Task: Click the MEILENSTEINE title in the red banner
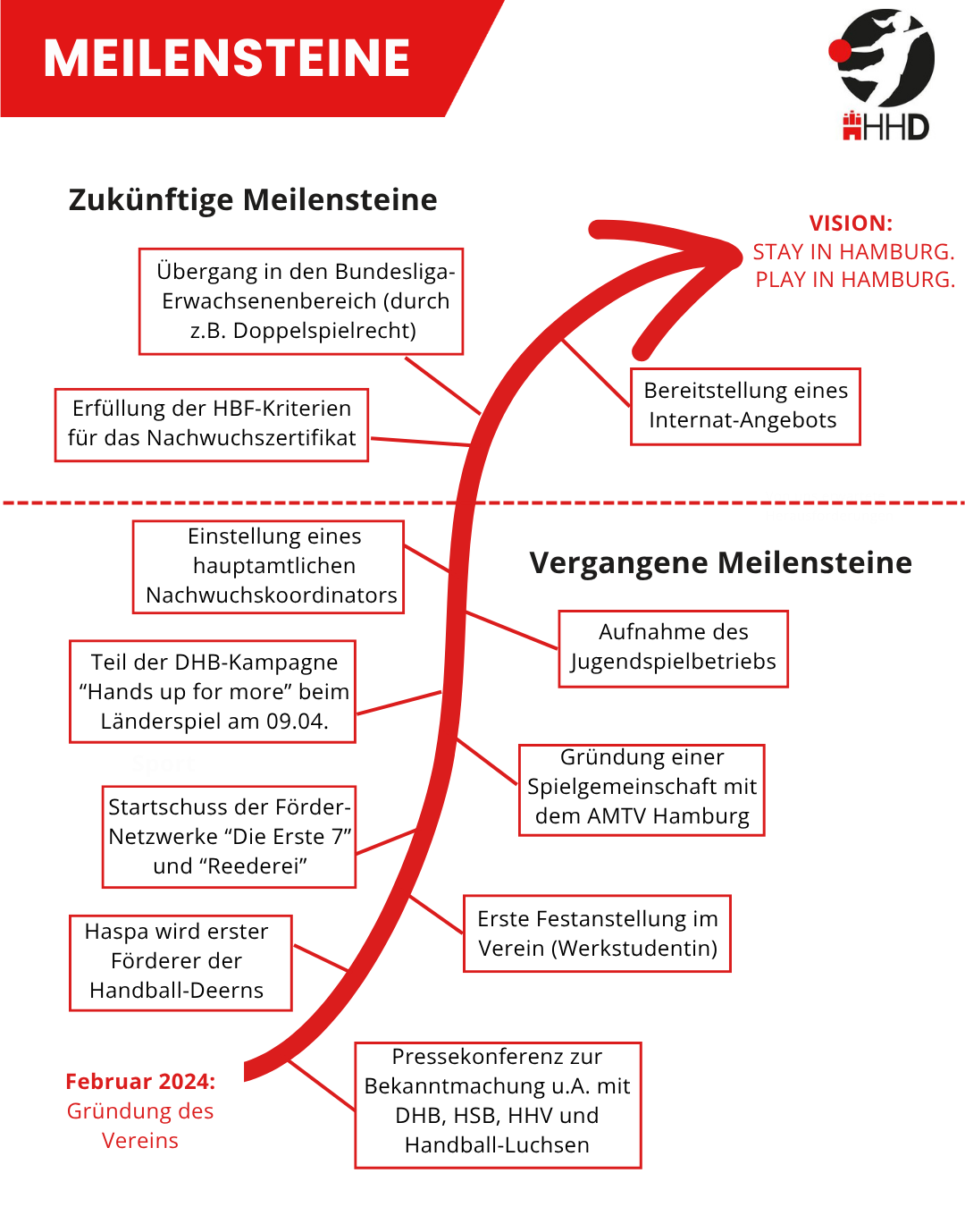(x=227, y=59)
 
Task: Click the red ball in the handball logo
(x=840, y=51)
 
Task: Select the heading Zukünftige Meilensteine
(x=253, y=199)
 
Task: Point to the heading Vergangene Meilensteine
(x=720, y=562)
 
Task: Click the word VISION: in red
(x=851, y=224)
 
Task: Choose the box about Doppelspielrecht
(x=301, y=301)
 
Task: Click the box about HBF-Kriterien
(x=212, y=424)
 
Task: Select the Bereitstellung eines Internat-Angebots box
(x=744, y=406)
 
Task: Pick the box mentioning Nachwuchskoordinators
(x=269, y=566)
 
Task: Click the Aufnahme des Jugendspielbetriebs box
(x=673, y=647)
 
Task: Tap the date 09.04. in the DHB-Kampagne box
(x=298, y=722)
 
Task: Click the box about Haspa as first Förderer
(x=180, y=962)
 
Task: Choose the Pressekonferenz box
(x=498, y=1103)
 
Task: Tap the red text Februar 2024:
(x=140, y=1082)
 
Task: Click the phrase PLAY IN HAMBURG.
(x=854, y=280)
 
